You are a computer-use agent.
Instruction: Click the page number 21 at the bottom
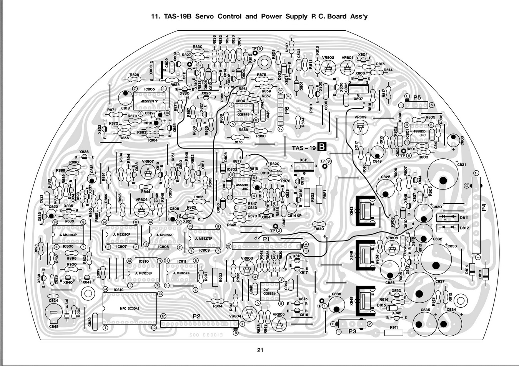260,350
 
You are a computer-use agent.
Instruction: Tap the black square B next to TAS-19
322,147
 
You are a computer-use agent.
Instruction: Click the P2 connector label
196,317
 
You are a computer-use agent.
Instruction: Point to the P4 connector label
484,208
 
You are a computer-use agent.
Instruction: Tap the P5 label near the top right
417,98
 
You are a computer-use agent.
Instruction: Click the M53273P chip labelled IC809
205,239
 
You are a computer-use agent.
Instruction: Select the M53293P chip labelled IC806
68,235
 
